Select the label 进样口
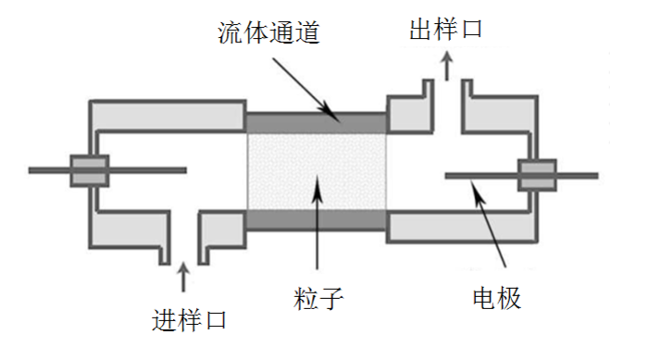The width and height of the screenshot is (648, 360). (188, 321)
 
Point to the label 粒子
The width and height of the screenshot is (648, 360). (316, 298)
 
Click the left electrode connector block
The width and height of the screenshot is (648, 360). (90, 169)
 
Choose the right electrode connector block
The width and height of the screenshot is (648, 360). (536, 174)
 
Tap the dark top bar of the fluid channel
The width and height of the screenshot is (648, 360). (316, 121)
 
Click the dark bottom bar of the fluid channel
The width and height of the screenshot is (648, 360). (316, 220)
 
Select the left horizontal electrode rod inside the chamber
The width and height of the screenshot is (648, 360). (148, 169)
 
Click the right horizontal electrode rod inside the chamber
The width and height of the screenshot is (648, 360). (481, 174)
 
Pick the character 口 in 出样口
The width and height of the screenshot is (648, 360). (470, 30)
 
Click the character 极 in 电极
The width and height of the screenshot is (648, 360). (509, 298)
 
